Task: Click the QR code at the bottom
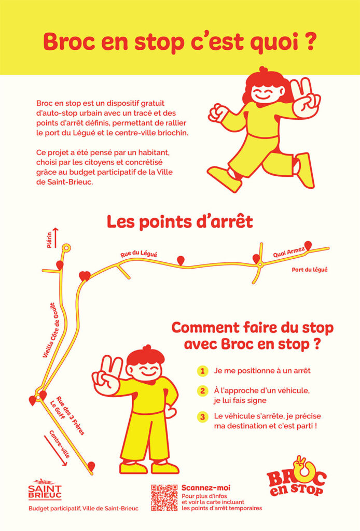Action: coord(164,497)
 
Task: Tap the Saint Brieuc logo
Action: coord(45,489)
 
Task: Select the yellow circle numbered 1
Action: coord(202,371)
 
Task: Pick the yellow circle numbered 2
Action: coord(202,391)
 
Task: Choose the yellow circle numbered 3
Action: coord(202,416)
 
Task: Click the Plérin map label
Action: coord(49,240)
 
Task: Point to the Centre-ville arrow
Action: coord(56,451)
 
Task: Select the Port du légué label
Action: coord(310,270)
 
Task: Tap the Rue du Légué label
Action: coord(139,254)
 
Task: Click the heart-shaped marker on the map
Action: coord(85,276)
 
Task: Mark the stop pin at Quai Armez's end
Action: coord(308,245)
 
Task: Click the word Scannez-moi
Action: coord(206,487)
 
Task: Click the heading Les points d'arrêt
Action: coord(180,222)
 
